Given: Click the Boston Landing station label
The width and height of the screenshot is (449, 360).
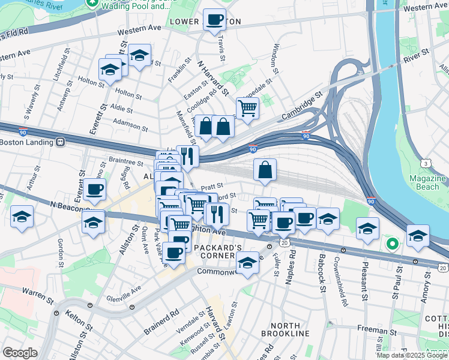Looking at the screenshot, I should (x=27, y=142).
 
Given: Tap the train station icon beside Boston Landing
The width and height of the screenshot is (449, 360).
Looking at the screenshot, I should (x=61, y=142).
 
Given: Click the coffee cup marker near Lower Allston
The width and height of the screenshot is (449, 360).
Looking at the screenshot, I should (x=214, y=20).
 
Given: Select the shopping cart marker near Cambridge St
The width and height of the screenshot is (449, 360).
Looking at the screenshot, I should (x=247, y=108).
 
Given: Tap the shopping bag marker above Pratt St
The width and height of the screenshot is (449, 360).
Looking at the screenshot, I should (x=265, y=169).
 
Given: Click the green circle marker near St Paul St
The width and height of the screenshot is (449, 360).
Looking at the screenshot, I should (x=392, y=244).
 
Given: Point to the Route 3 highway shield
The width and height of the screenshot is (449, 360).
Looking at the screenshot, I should (x=425, y=163).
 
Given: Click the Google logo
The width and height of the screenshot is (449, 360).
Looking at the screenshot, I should (x=20, y=353).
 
